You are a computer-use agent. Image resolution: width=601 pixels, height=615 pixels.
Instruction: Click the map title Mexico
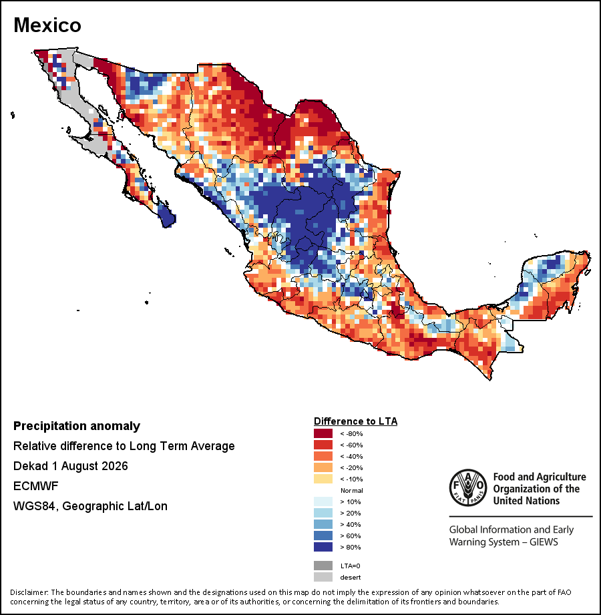[47, 25]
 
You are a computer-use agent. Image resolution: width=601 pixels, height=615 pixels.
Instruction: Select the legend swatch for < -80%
[323, 433]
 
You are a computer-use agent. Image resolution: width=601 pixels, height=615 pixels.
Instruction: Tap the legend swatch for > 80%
[323, 547]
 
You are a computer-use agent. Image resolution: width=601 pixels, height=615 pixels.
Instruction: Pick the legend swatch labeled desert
[323, 577]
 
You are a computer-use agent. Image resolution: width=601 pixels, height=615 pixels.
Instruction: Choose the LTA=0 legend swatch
[323, 566]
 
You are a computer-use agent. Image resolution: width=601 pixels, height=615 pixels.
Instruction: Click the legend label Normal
[351, 490]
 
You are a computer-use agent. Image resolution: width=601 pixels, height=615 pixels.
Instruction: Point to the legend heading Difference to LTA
[355, 421]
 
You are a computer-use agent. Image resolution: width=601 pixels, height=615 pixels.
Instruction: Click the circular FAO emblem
[468, 487]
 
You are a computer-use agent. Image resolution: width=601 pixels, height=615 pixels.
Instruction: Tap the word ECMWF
[35, 486]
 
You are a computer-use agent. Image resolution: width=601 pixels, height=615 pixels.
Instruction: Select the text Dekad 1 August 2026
[71, 466]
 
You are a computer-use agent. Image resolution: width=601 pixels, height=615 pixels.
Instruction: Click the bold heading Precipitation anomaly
[77, 426]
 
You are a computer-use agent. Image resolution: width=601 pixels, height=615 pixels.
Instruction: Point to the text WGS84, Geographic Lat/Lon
[90, 506]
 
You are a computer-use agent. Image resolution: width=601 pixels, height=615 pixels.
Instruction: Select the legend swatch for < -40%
[323, 456]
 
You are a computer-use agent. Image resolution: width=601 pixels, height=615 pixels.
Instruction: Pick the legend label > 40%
[351, 524]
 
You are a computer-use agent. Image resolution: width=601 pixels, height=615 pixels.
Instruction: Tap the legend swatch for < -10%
[323, 479]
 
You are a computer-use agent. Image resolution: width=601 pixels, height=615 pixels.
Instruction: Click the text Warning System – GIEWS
[504, 542]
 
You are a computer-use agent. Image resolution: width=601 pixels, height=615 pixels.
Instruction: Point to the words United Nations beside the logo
[526, 501]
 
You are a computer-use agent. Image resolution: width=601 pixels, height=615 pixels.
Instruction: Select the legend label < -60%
[351, 445]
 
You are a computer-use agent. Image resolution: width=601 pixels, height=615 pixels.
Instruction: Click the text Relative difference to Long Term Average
[124, 446]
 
